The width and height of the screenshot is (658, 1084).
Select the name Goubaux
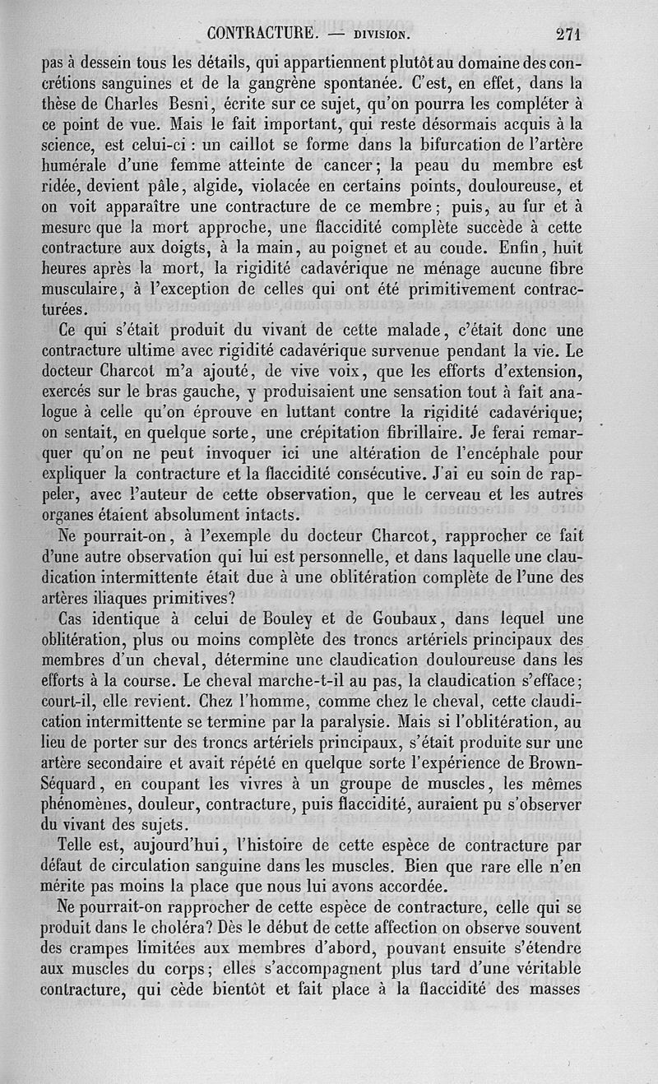point(410,618)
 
